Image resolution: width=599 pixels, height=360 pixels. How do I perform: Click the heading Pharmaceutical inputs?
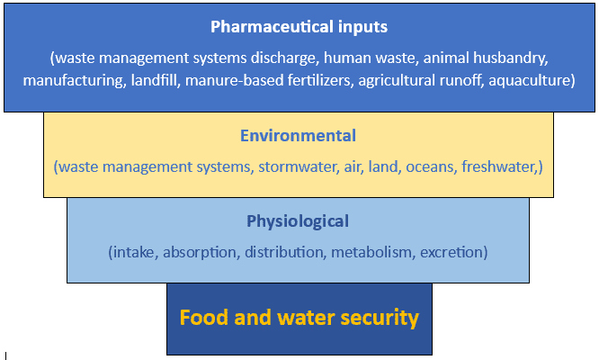coord(298,26)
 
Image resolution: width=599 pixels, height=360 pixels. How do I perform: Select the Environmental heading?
coord(298,136)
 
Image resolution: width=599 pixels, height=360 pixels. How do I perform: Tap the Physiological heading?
coord(298,220)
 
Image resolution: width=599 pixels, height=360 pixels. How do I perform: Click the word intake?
coord(135,252)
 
